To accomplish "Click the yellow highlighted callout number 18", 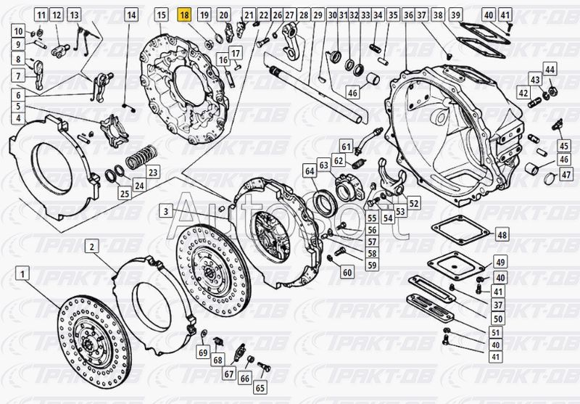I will pyautogui.click(x=185, y=15).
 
